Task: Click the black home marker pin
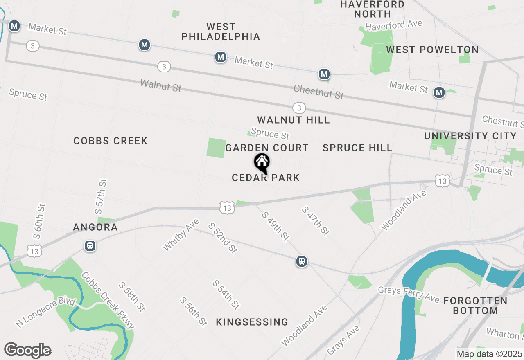[x=262, y=163]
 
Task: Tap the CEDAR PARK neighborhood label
[x=266, y=178]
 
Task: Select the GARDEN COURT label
[x=267, y=148]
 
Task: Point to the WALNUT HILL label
[x=294, y=120]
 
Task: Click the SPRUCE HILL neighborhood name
[x=357, y=148]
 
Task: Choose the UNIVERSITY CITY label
[x=470, y=136]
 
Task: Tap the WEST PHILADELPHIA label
[x=221, y=32]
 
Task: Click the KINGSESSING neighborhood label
[x=252, y=322]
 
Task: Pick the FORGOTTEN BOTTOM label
[x=475, y=306]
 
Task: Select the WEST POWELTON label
[x=432, y=50]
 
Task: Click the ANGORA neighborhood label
[x=95, y=227]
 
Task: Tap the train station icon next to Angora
[x=90, y=246]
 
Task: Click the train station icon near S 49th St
[x=302, y=261]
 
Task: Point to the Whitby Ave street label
[x=181, y=234]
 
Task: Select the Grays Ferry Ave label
[x=408, y=294]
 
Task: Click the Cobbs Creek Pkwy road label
[x=108, y=300]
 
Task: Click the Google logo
[x=27, y=350]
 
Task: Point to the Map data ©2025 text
[x=489, y=354]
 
